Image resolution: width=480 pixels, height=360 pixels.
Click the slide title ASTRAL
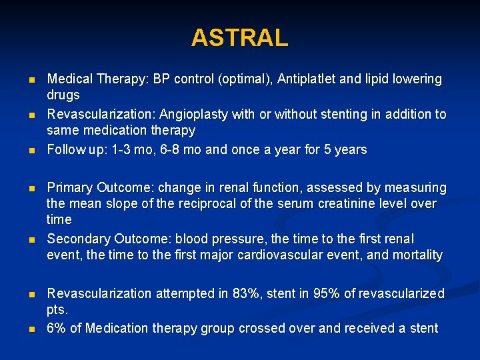pos(239,37)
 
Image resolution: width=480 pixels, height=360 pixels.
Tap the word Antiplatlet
pos(309,79)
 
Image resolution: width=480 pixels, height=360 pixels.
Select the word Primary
pos(70,187)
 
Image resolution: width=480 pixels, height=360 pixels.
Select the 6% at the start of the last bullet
pos(56,328)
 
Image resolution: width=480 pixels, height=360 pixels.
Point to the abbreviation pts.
pos(57,310)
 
